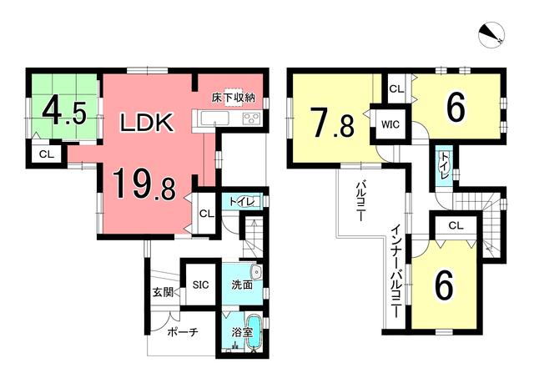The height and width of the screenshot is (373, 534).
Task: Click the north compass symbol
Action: click(491, 36)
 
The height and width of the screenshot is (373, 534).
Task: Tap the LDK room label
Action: click(146, 123)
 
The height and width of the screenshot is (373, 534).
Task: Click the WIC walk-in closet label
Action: click(390, 124)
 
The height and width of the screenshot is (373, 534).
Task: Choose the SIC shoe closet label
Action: click(200, 285)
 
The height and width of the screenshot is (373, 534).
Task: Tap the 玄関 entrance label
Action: click(163, 292)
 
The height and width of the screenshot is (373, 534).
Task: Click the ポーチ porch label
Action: click(183, 332)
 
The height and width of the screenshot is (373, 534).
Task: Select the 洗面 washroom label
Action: click(242, 285)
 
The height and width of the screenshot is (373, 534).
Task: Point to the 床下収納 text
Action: click(234, 98)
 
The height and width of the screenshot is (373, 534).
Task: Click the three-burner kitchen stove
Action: click(252, 118)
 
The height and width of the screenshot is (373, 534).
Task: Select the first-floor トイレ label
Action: click(241, 202)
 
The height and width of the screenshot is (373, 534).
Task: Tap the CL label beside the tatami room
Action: click(47, 154)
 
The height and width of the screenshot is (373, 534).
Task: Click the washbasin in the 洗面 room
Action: click(256, 272)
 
